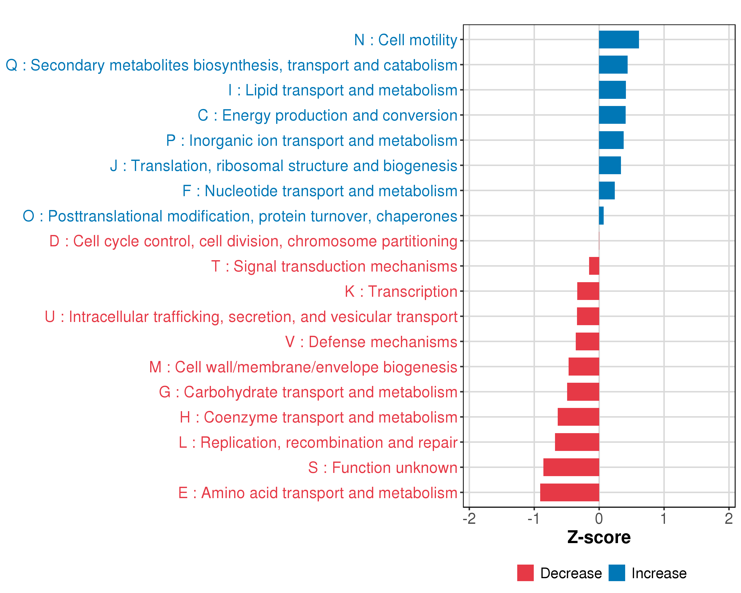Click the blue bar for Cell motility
(x=619, y=40)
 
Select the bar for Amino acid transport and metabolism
(x=570, y=492)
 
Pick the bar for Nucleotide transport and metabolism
(x=607, y=191)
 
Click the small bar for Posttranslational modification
(x=601, y=215)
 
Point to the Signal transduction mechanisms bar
(x=594, y=266)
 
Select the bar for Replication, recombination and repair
(x=577, y=442)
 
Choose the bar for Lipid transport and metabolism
(x=612, y=90)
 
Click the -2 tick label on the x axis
(x=469, y=518)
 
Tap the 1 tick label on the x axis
(x=664, y=518)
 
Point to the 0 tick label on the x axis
(x=599, y=518)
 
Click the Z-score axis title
(x=599, y=537)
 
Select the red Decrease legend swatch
(x=525, y=573)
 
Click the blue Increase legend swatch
(x=617, y=573)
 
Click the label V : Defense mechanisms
(x=371, y=342)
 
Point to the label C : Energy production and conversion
(x=327, y=115)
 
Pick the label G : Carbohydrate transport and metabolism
(x=308, y=392)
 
